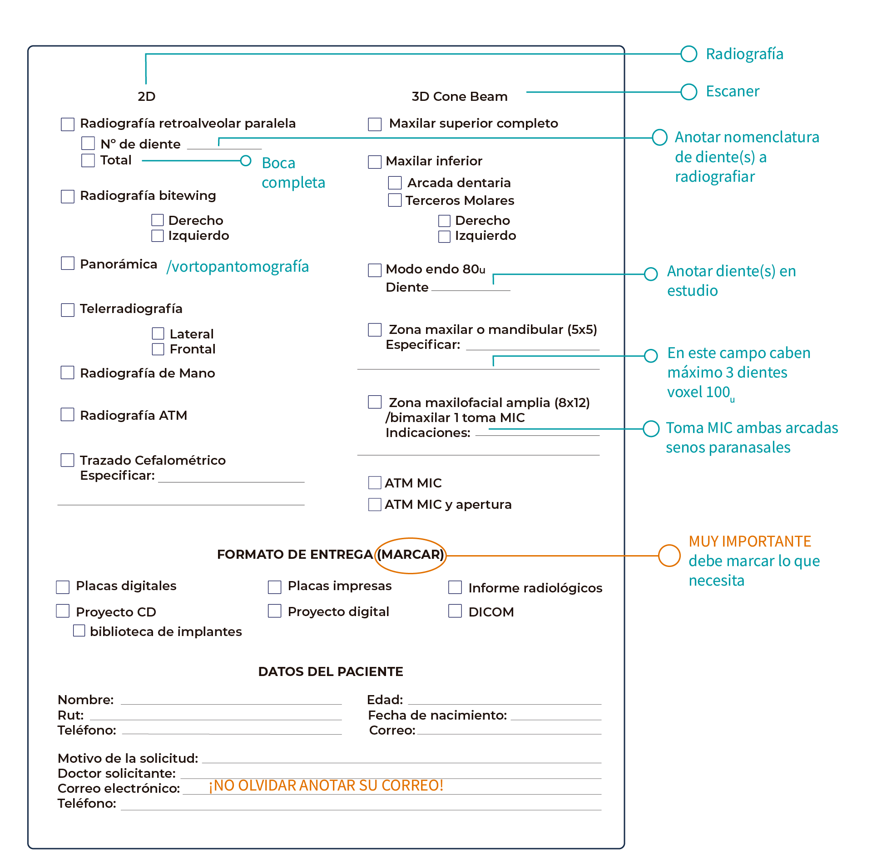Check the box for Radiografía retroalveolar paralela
coord(68,124)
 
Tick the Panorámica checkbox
coord(68,263)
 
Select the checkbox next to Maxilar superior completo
coord(375,124)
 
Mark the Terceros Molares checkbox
coord(395,200)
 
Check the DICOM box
coord(455,611)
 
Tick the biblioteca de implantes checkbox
coord(79,631)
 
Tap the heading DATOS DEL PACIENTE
coord(331,671)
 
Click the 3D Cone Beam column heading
coord(460,96)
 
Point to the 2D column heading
coord(147,96)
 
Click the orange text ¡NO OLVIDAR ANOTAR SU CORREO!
coord(326,785)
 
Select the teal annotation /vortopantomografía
coord(238,267)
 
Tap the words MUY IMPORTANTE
coord(750,541)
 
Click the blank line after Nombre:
coord(231,704)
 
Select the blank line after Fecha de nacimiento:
coord(556,720)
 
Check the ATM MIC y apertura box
coord(375,505)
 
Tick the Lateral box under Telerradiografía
coord(158,333)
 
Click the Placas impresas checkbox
coord(274,587)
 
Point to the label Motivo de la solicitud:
coord(128,758)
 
